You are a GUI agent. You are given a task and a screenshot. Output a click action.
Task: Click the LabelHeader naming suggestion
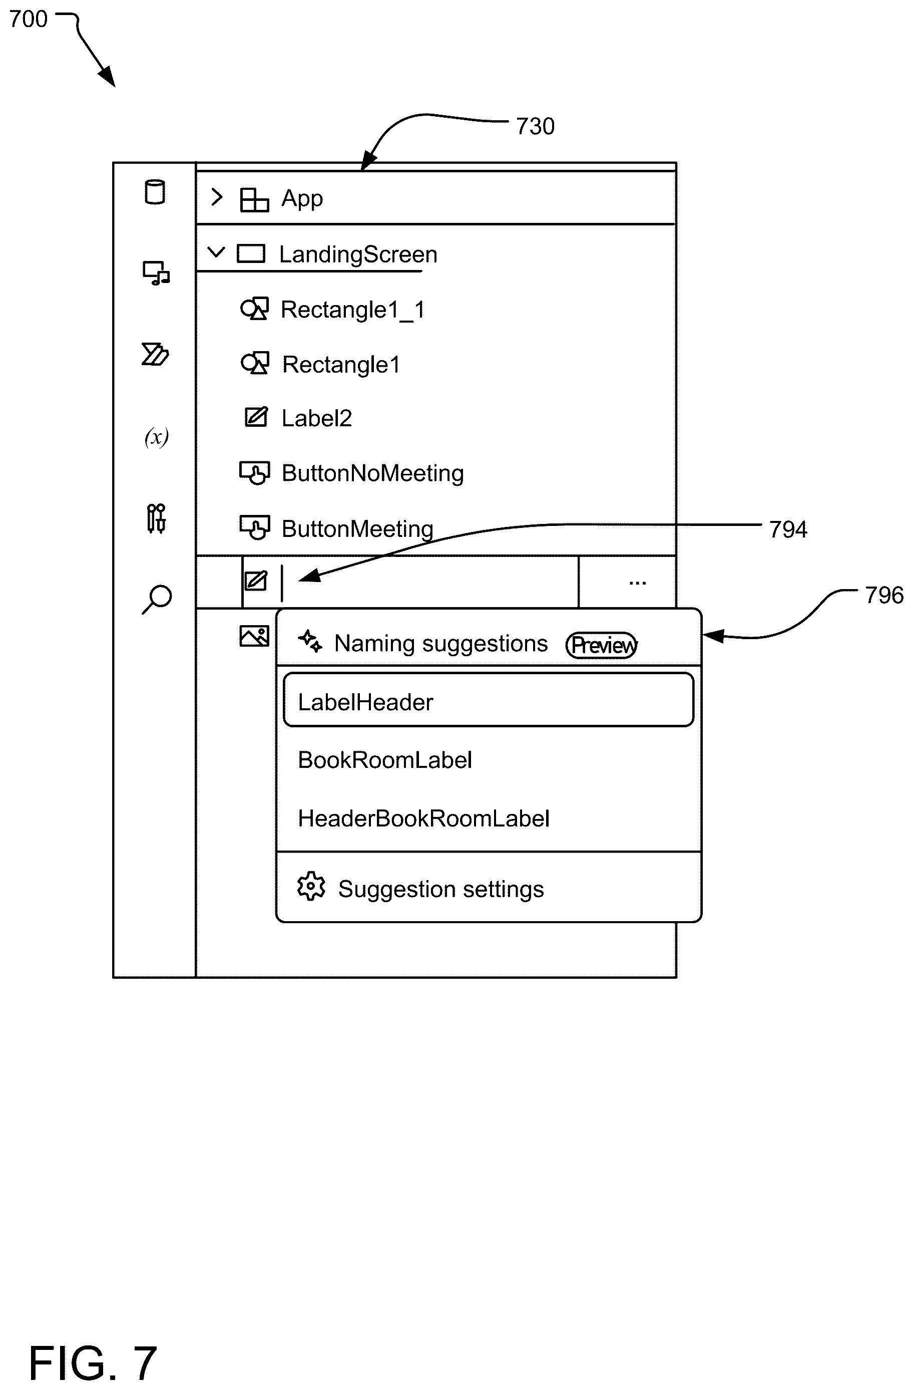pyautogui.click(x=488, y=700)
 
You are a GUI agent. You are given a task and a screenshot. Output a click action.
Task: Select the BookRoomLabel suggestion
pyautogui.click(x=385, y=760)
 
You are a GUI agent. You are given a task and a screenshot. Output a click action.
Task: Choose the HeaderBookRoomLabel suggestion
pyautogui.click(x=423, y=818)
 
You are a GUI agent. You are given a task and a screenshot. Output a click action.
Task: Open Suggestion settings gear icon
pyautogui.click(x=310, y=887)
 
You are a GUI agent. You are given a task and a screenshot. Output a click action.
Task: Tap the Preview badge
pyautogui.click(x=601, y=645)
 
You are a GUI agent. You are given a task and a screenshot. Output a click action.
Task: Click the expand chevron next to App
pyautogui.click(x=217, y=197)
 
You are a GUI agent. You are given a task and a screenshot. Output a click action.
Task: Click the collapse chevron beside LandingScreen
pyautogui.click(x=216, y=252)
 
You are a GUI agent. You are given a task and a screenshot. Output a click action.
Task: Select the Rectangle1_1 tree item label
pyautogui.click(x=352, y=310)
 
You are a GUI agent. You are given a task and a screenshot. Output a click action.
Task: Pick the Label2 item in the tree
pyautogui.click(x=316, y=418)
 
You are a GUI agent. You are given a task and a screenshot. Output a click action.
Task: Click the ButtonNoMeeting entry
pyautogui.click(x=372, y=473)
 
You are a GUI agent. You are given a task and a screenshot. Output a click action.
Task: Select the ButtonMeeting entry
pyautogui.click(x=357, y=529)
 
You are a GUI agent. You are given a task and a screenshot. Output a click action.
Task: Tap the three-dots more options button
pyautogui.click(x=638, y=583)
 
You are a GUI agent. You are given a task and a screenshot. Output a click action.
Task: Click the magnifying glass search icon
pyautogui.click(x=157, y=599)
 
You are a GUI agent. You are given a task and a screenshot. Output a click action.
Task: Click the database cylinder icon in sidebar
pyautogui.click(x=155, y=191)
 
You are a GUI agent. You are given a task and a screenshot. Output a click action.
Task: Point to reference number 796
pyautogui.click(x=884, y=595)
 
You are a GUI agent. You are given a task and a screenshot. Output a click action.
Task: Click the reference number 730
pyautogui.click(x=535, y=126)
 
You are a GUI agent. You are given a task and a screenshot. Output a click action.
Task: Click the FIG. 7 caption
pyautogui.click(x=93, y=1363)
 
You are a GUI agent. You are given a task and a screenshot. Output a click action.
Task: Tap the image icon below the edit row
pyautogui.click(x=254, y=636)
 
